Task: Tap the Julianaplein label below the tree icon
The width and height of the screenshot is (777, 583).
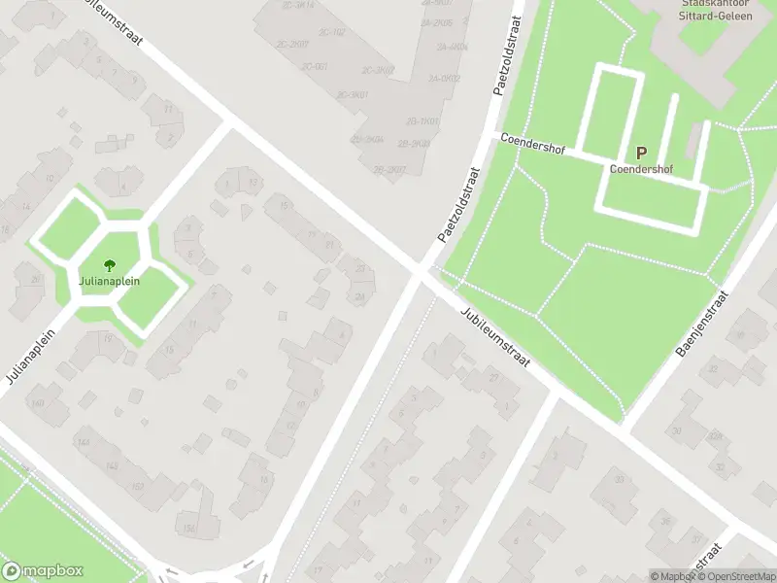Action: pyautogui.click(x=110, y=281)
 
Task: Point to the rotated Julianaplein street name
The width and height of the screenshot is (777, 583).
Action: pyautogui.click(x=29, y=354)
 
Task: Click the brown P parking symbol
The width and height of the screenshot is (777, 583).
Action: pyautogui.click(x=641, y=153)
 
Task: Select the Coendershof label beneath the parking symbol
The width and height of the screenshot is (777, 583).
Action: pyautogui.click(x=641, y=168)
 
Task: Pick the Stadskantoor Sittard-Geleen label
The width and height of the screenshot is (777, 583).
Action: pyautogui.click(x=707, y=9)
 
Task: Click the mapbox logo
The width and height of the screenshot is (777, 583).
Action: pyautogui.click(x=43, y=571)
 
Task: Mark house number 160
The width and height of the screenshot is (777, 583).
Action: pyautogui.click(x=38, y=403)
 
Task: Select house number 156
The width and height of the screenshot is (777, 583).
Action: pyautogui.click(x=188, y=528)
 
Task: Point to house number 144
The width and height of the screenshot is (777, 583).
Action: pyautogui.click(x=83, y=442)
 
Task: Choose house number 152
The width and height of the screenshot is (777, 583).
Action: pyautogui.click(x=137, y=487)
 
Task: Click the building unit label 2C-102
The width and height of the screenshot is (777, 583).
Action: pyautogui.click(x=332, y=32)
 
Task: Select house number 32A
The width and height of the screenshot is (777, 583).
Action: pyautogui.click(x=716, y=438)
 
